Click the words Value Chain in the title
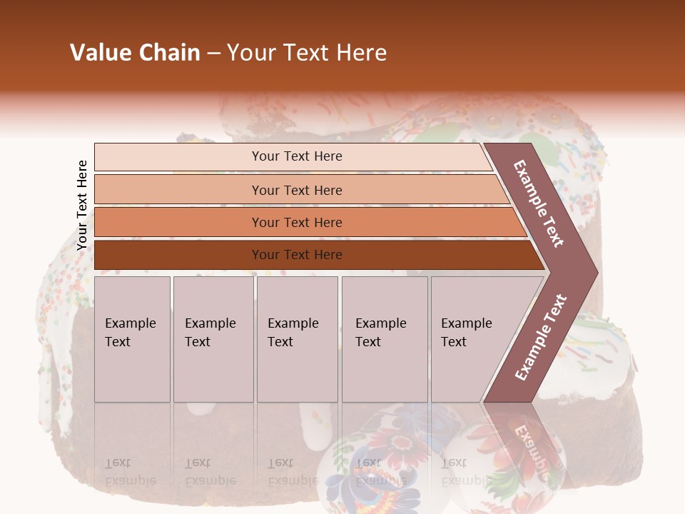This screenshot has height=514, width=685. [135, 53]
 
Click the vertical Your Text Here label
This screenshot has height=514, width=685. [82, 205]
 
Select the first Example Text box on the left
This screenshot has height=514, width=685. [132, 339]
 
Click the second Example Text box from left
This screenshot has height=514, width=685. [213, 339]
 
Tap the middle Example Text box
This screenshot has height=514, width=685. [297, 339]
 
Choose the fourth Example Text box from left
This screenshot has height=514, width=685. [385, 339]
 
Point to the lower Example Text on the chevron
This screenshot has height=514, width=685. [541, 337]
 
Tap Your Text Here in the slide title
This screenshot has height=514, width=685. [307, 53]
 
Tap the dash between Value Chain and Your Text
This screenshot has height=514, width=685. [213, 54]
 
